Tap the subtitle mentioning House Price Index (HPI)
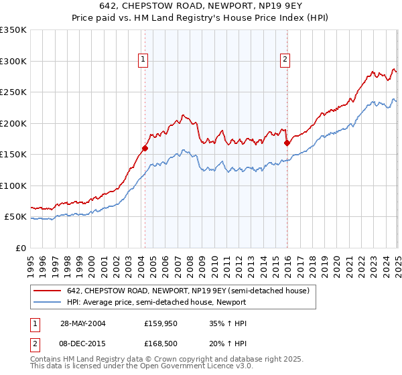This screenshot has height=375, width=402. coord(201,18)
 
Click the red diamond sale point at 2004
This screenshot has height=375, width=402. coord(145,149)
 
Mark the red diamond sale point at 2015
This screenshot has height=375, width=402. coord(287,143)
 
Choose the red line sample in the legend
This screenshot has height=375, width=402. coord(47,291)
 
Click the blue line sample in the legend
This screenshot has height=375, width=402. coord(47,302)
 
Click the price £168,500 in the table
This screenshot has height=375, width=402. coord(159,344)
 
